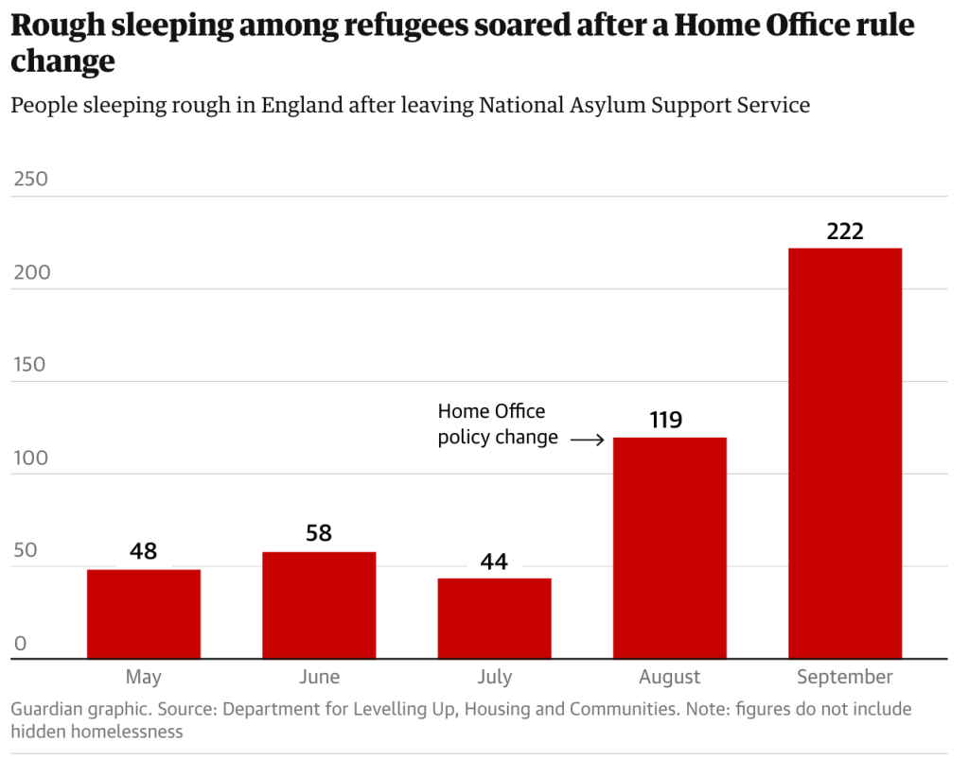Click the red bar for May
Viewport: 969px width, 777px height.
coord(144,613)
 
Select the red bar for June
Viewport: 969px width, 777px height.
coord(319,605)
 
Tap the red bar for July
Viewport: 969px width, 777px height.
coord(494,618)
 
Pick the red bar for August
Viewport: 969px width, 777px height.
coord(670,547)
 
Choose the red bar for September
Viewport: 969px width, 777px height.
coord(845,453)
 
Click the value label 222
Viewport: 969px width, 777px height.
coord(845,232)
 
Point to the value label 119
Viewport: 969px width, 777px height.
coord(666,420)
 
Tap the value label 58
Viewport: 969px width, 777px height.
coord(319,533)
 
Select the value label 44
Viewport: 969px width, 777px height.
coord(494,562)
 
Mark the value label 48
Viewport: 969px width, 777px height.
coord(144,551)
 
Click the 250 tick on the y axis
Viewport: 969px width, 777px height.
coord(29,180)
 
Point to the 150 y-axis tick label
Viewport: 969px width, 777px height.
coord(29,365)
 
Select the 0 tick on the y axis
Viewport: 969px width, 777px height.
coord(20,645)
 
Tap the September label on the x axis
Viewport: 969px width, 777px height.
coord(845,677)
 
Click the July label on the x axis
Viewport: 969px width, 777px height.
coord(494,677)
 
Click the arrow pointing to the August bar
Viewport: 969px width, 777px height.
coord(587,440)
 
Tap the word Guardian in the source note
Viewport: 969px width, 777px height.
coord(46,709)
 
